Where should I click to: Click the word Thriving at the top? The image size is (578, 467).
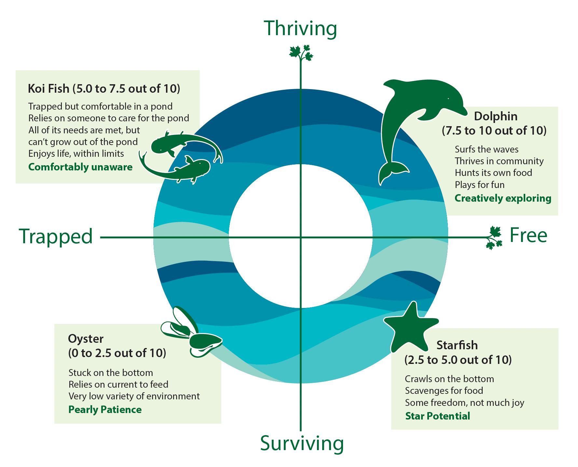pyautogui.click(x=300, y=28)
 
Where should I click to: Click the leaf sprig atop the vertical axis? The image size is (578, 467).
pyautogui.click(x=301, y=54)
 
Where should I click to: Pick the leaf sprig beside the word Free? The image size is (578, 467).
pyautogui.click(x=494, y=238)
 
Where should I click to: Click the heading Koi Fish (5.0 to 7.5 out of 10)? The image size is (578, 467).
pyautogui.click(x=104, y=89)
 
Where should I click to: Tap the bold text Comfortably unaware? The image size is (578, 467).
pyautogui.click(x=80, y=167)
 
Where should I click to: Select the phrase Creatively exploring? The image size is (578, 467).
pyautogui.click(x=503, y=198)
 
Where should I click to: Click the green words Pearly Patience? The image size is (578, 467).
pyautogui.click(x=105, y=409)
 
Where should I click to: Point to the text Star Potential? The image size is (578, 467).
pyautogui.click(x=438, y=416)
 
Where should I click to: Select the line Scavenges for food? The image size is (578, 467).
pyautogui.click(x=444, y=391)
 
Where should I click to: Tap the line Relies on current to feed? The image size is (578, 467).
pyautogui.click(x=118, y=384)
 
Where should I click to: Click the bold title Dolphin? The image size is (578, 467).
pyautogui.click(x=496, y=116)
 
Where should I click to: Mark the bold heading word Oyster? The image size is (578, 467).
pyautogui.click(x=86, y=339)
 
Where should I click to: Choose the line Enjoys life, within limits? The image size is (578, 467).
pyautogui.click(x=76, y=153)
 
